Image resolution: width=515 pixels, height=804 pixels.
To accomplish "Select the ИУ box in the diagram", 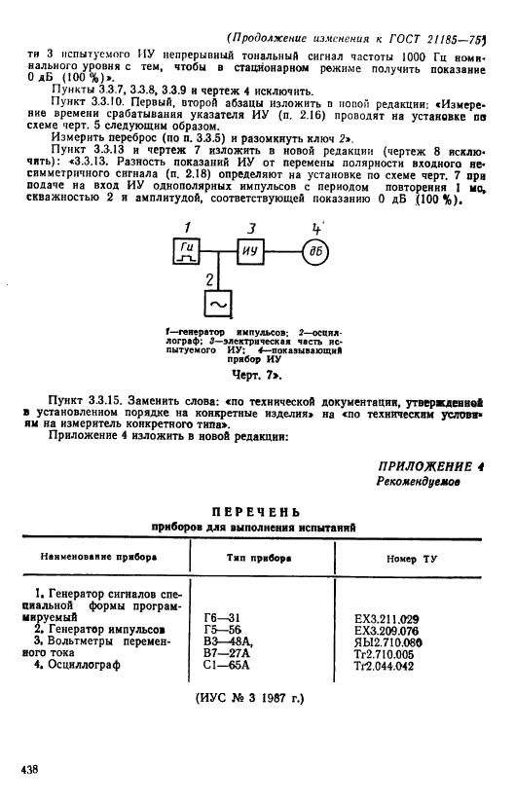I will click(251, 252).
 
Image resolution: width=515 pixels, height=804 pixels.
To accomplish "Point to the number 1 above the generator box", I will click(189, 228).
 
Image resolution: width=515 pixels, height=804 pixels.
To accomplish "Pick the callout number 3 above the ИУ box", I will click(251, 228).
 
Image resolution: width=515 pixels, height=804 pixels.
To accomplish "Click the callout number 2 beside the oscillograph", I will click(207, 280).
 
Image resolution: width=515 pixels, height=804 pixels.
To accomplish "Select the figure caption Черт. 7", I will click(256, 372).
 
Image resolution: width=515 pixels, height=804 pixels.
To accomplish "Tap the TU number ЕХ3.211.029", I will click(386, 618).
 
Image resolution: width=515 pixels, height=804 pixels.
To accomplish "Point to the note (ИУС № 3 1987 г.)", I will click(257, 698).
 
